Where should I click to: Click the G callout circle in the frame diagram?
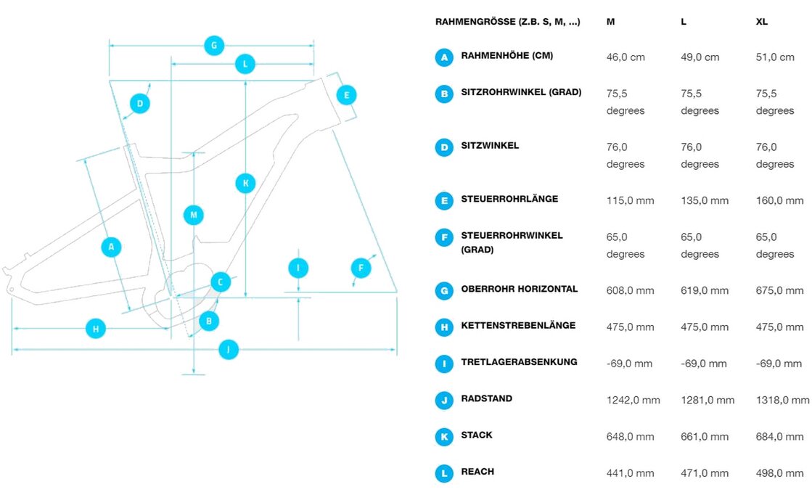pyautogui.click(x=213, y=45)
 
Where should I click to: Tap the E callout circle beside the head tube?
pyautogui.click(x=347, y=94)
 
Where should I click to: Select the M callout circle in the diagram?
pyautogui.click(x=193, y=215)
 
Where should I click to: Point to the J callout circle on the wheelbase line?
pyautogui.click(x=229, y=350)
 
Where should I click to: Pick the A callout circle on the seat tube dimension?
pyautogui.click(x=111, y=247)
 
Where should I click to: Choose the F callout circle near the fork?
pyautogui.click(x=361, y=269)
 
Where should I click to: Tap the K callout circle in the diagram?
pyautogui.click(x=246, y=183)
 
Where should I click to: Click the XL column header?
pyautogui.click(x=761, y=22)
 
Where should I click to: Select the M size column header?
pyautogui.click(x=611, y=22)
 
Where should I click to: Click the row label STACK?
pyautogui.click(x=476, y=435)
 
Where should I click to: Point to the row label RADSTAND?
pyautogui.click(x=486, y=399)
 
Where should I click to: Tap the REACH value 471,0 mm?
pyautogui.click(x=705, y=473)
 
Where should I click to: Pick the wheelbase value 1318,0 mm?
pyautogui.click(x=782, y=400)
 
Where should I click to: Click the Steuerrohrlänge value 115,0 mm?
pyautogui.click(x=630, y=200)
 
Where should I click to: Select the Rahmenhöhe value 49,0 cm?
pyautogui.click(x=700, y=57)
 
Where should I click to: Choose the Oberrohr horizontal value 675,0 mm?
pyautogui.click(x=779, y=290)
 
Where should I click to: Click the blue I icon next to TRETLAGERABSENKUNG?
pyautogui.click(x=444, y=364)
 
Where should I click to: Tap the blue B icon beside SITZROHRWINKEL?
pyautogui.click(x=444, y=94)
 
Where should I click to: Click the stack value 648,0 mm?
pyautogui.click(x=630, y=437)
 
